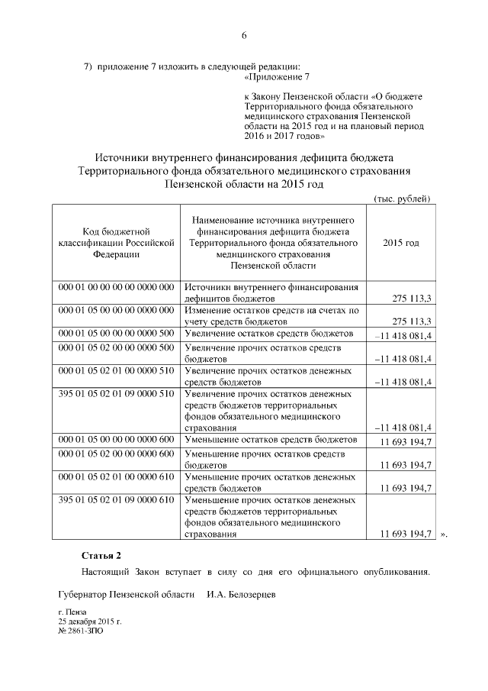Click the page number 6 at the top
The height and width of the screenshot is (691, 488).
pos(244,35)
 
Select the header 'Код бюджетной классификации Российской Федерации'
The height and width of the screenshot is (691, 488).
pos(115,243)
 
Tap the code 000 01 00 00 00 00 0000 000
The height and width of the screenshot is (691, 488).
pos(116,287)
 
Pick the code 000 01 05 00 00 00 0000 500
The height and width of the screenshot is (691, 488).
pos(116,334)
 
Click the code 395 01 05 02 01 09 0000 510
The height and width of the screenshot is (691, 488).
pos(116,394)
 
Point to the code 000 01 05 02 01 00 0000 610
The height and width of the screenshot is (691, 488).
pos(116,476)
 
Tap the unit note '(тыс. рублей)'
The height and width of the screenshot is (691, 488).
pos(402,199)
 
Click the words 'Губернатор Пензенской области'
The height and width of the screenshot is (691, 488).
pos(125,594)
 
